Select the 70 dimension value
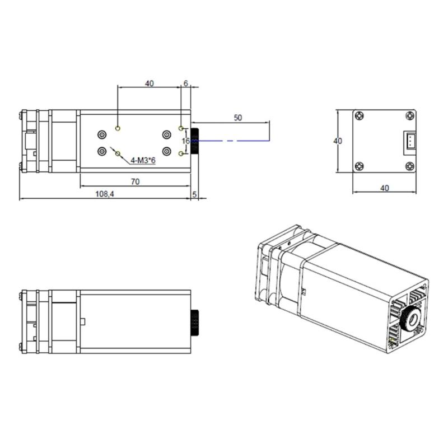point(136,181)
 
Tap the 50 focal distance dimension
point(238,118)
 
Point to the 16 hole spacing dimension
point(185,141)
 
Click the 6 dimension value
point(185,83)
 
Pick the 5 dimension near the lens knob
point(194,194)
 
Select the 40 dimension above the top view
point(149,83)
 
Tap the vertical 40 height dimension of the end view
point(337,141)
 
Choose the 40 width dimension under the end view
point(385,188)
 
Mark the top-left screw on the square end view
point(359,116)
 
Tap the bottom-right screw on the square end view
point(410,166)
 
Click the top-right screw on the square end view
point(410,116)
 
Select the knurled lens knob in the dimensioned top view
point(196,141)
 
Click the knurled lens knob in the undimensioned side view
point(196,321)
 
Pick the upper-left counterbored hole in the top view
point(102,134)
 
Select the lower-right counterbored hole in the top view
point(166,151)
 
